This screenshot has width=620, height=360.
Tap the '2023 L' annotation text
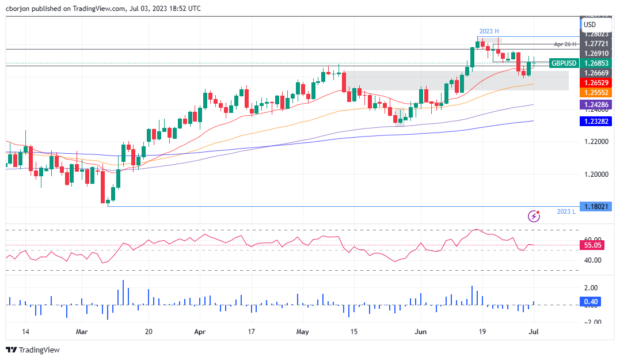click(x=566, y=212)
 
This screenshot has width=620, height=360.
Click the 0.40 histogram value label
click(x=591, y=301)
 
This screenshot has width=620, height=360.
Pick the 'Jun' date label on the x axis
click(x=420, y=332)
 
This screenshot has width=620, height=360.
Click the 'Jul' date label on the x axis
click(x=534, y=332)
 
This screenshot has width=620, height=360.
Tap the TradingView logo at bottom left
click(x=33, y=350)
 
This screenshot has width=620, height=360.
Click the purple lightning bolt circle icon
click(x=535, y=216)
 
